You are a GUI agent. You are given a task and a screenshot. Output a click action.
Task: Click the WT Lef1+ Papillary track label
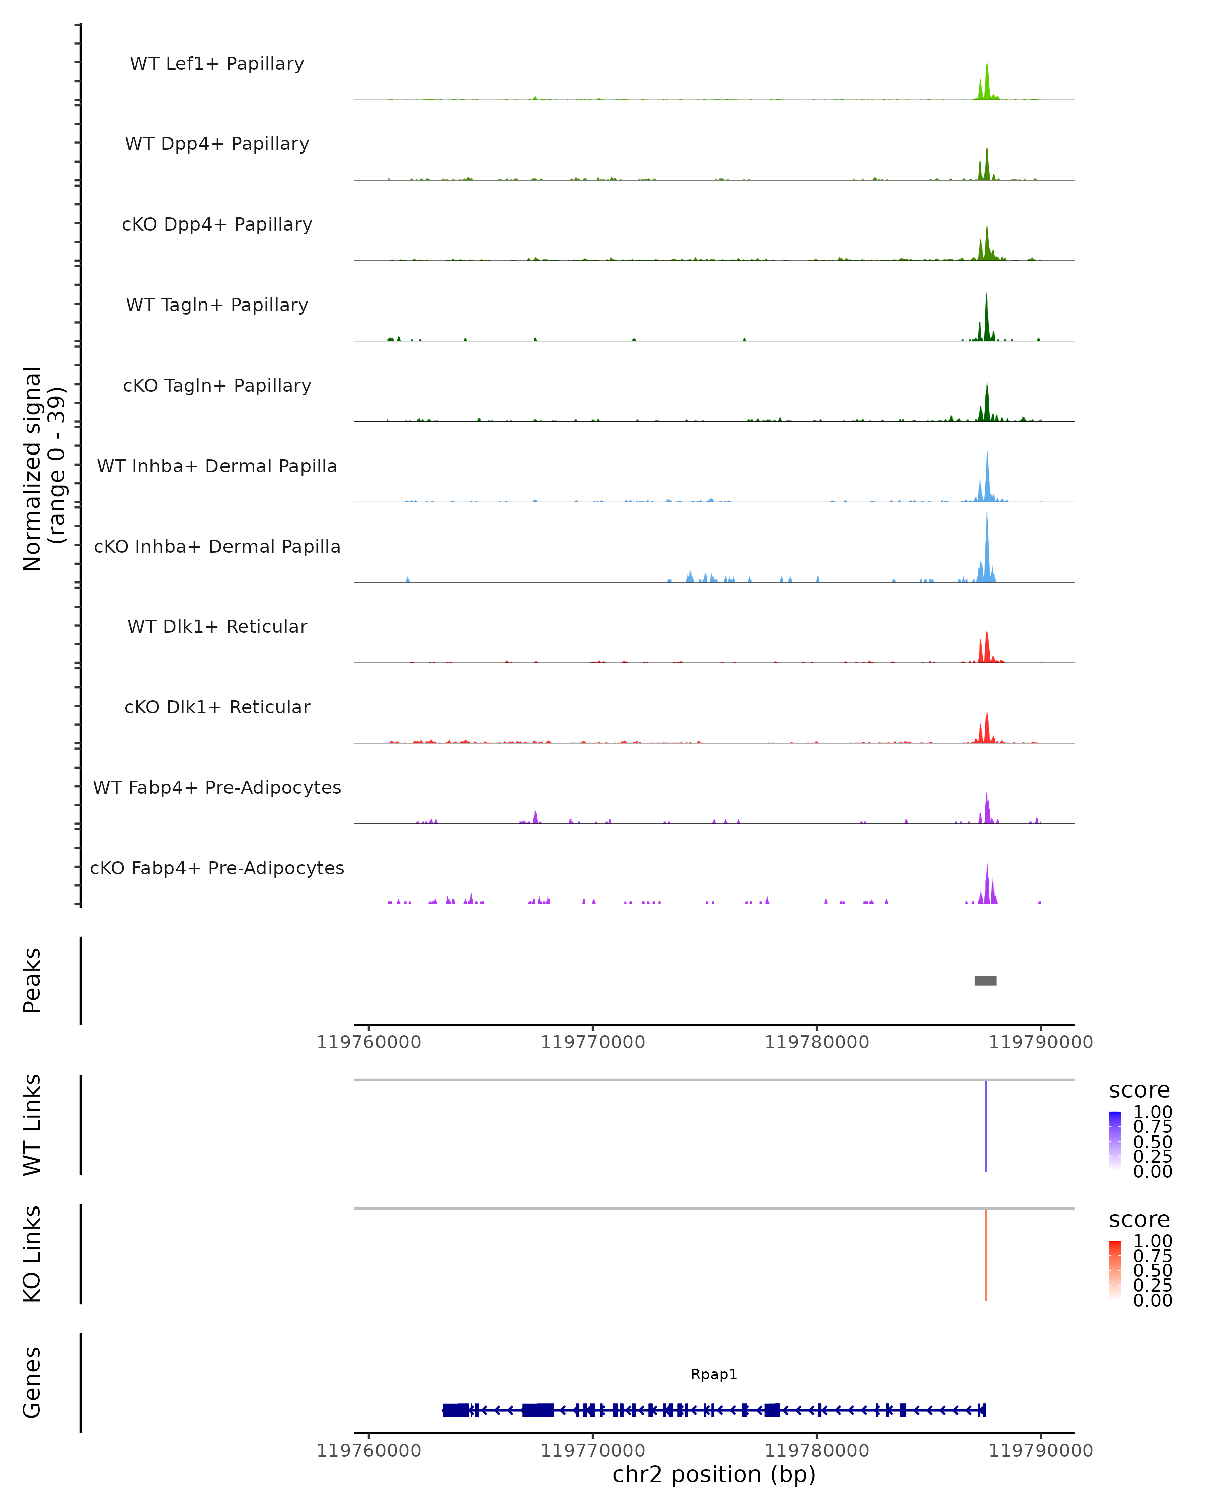[x=217, y=64]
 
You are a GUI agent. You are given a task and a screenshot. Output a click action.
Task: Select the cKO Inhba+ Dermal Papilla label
[x=217, y=546]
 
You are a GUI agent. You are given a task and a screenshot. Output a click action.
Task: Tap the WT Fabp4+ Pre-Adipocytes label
[x=217, y=787]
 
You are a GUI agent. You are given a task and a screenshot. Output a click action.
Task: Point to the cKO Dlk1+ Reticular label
[x=217, y=707]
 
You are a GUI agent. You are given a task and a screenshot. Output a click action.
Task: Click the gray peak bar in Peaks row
[x=986, y=980]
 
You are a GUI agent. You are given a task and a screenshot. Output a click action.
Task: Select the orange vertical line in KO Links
[x=986, y=1254]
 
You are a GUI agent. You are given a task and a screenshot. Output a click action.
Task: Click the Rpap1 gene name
[x=714, y=1374]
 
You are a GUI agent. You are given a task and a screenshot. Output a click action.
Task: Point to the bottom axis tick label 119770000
[x=592, y=1450]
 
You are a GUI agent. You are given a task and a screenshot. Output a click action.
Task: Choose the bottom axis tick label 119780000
[x=816, y=1450]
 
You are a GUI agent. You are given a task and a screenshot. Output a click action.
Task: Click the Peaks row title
[x=32, y=980]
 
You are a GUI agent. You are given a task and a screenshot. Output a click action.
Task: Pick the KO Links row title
[x=32, y=1254]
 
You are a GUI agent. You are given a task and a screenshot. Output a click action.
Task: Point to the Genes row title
[x=32, y=1383]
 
